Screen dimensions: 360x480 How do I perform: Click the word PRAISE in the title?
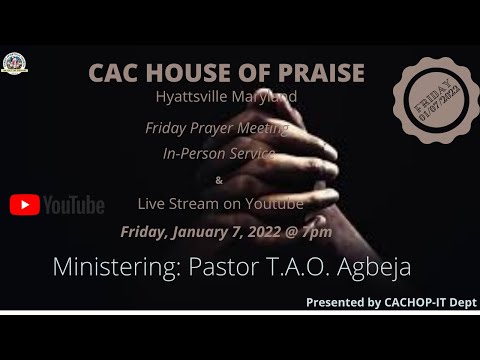click(x=318, y=73)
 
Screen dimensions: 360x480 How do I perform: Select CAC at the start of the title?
click(x=113, y=73)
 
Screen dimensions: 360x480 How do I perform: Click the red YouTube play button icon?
click(x=24, y=205)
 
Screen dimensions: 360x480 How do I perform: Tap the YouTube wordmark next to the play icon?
click(x=73, y=205)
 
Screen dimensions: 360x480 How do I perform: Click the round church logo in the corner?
click(x=14, y=62)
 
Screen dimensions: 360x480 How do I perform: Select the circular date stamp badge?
click(x=433, y=101)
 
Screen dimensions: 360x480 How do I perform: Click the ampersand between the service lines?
click(x=220, y=180)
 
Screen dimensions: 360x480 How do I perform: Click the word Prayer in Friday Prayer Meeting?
click(x=210, y=129)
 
